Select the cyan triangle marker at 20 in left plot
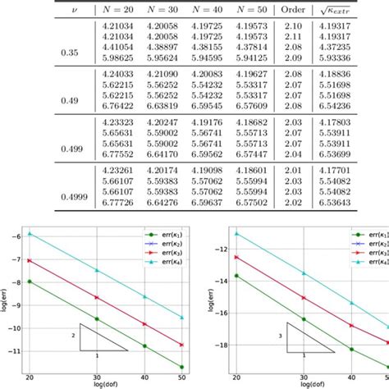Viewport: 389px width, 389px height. point(30,234)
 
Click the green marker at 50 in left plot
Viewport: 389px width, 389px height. point(182,368)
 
